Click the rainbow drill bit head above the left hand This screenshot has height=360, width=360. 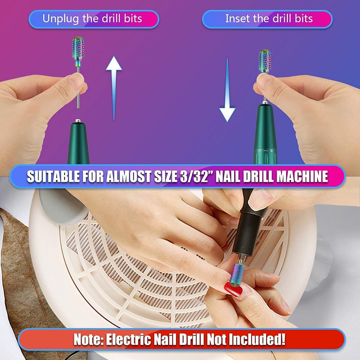point(78,49)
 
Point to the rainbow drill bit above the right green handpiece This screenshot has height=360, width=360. point(265,60)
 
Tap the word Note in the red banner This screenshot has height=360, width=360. point(85,340)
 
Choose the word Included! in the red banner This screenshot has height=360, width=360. point(257,340)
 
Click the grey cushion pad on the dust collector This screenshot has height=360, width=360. point(61,209)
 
